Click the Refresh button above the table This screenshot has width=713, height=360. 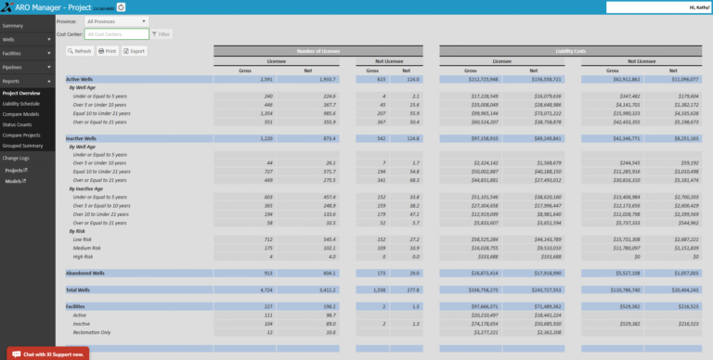click(80, 51)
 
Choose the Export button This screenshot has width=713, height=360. click(135, 51)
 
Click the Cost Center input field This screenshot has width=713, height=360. click(115, 33)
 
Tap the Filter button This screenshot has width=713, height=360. click(162, 33)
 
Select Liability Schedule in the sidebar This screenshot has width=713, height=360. click(21, 104)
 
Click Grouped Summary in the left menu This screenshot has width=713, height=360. click(22, 146)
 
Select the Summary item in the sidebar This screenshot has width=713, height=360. click(13, 25)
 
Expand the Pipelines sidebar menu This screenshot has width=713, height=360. click(12, 67)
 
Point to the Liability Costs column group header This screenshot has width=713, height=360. click(571, 50)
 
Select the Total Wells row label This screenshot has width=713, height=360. click(80, 289)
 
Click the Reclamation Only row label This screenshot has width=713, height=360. click(93, 330)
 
